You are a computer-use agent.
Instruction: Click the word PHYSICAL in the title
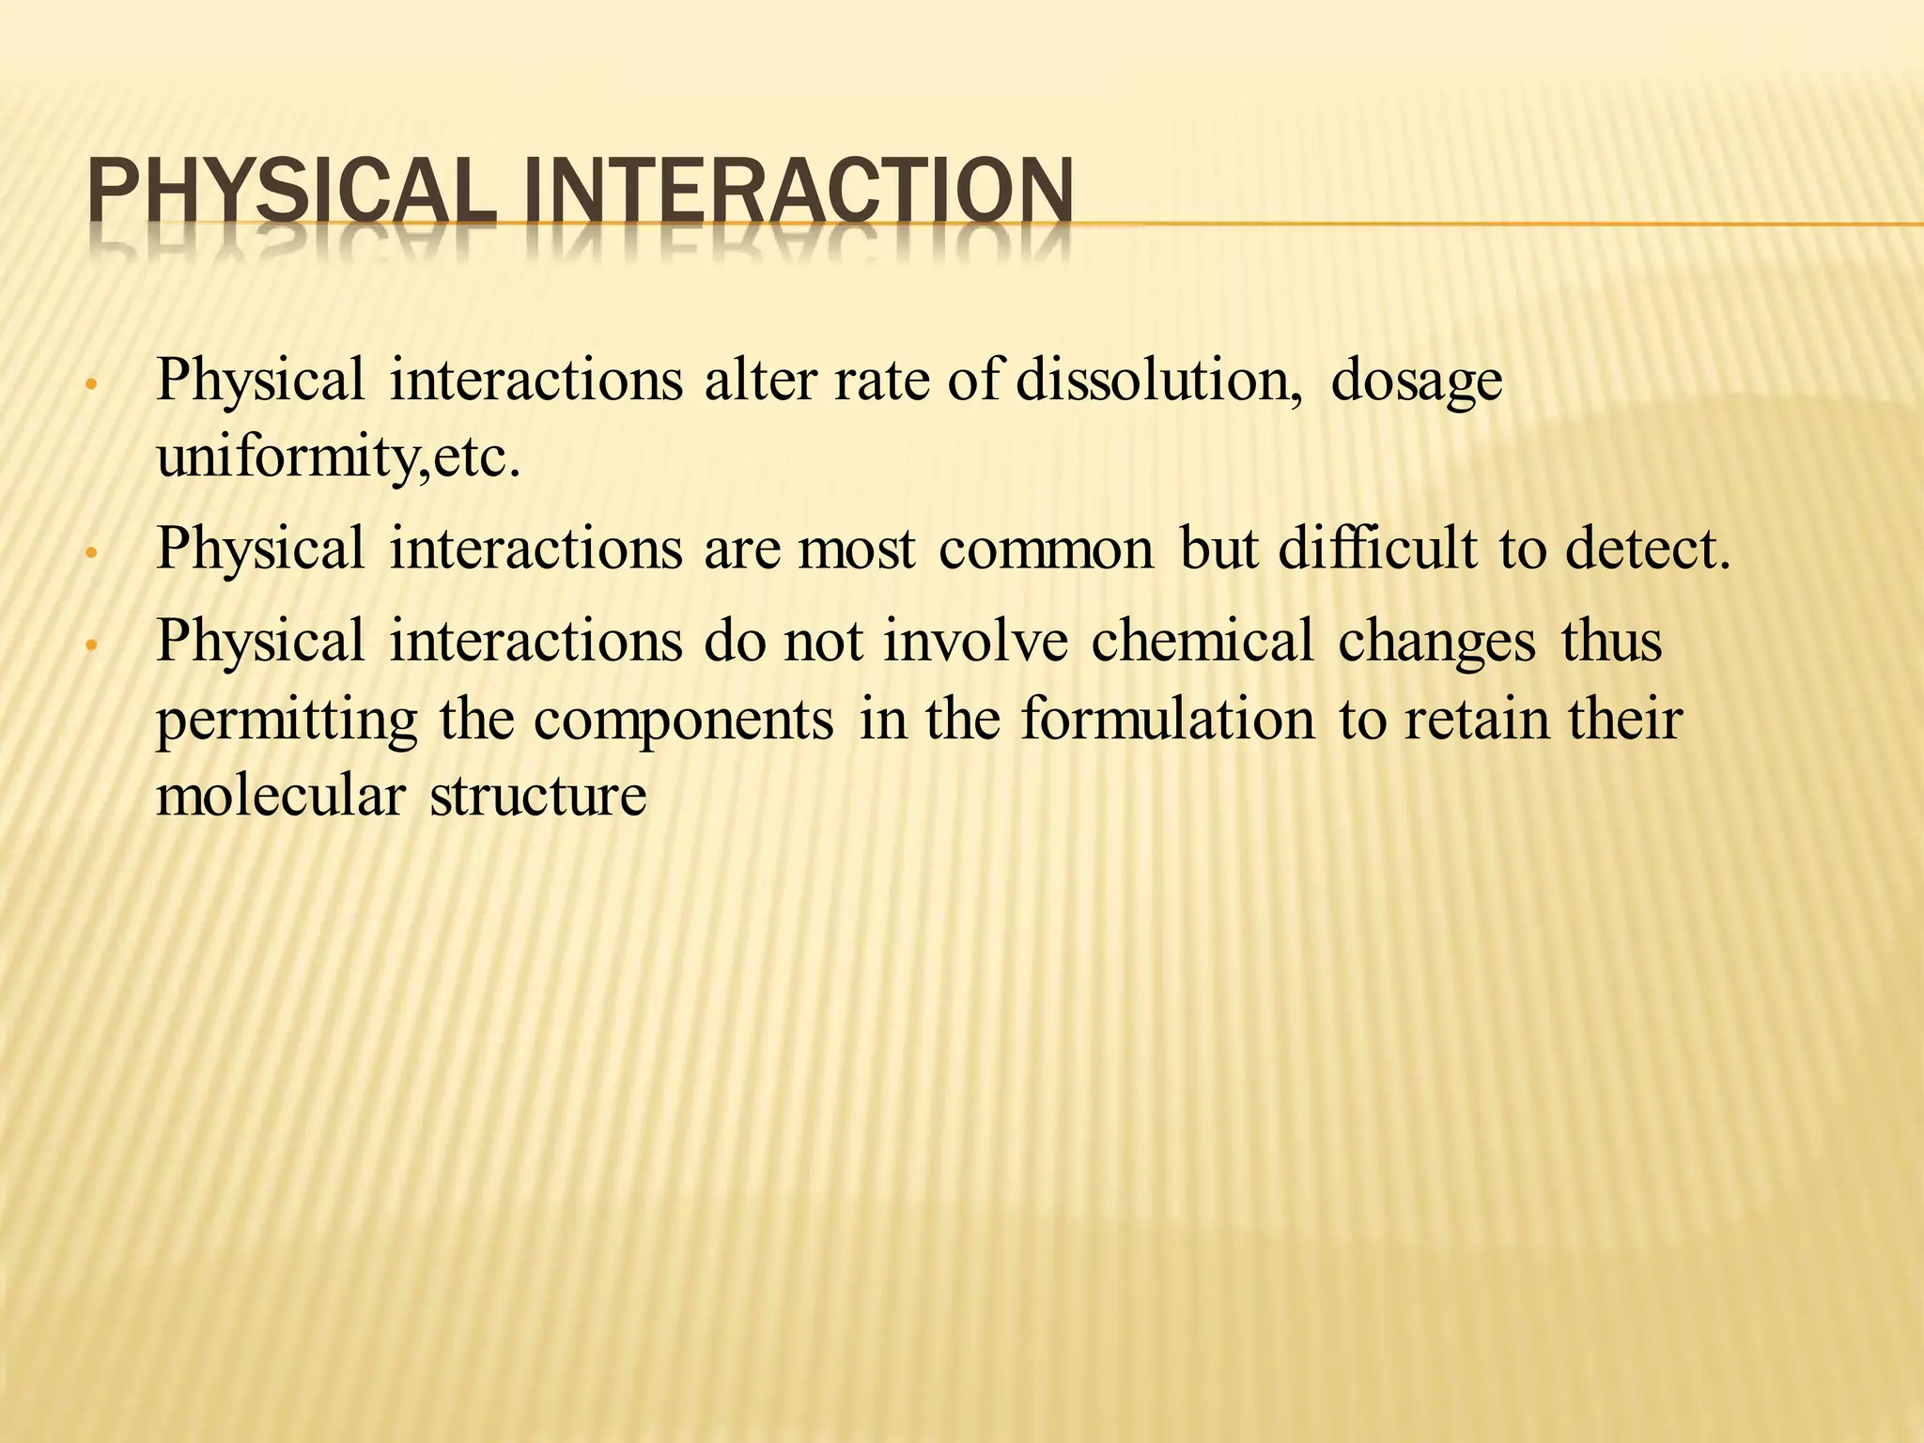click(291, 192)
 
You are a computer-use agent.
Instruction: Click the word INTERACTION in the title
click(797, 192)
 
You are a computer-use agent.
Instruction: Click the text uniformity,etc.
click(337, 459)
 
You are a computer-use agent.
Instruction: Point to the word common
click(1046, 549)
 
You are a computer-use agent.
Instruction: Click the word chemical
click(1202, 641)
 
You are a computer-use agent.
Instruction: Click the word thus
click(1611, 641)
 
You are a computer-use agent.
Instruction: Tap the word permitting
click(287, 721)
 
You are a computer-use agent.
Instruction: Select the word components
click(684, 721)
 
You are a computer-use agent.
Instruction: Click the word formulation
click(1168, 720)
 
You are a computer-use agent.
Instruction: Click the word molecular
click(280, 796)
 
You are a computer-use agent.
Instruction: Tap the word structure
click(537, 796)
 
